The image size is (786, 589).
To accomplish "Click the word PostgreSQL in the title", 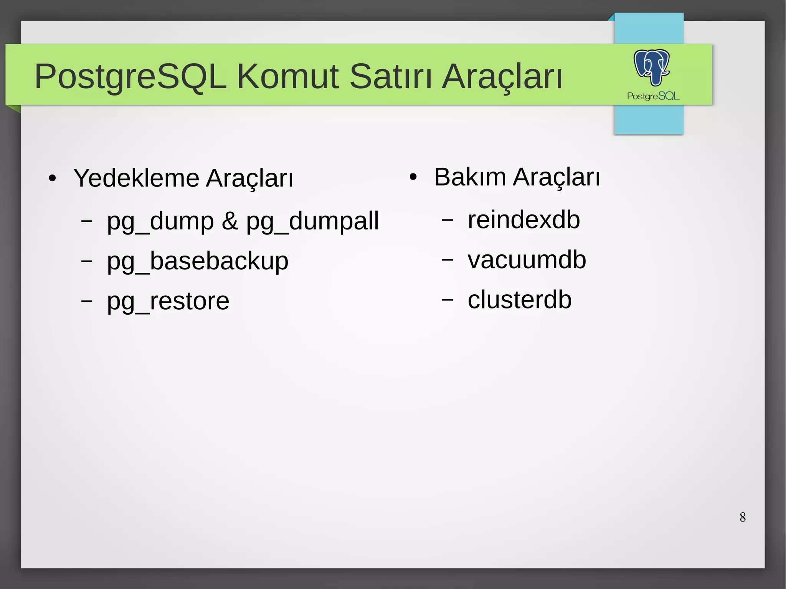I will pyautogui.click(x=130, y=77).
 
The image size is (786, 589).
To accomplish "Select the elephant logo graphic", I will pyautogui.click(x=651, y=67).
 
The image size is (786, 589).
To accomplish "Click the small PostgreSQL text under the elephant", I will pyautogui.click(x=653, y=96).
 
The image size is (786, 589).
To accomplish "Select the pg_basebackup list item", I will pyautogui.click(x=197, y=261).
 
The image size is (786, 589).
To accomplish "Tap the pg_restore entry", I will pyautogui.click(x=168, y=301).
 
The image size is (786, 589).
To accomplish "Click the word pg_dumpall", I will pyautogui.click(x=312, y=221).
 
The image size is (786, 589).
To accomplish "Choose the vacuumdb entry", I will pyautogui.click(x=527, y=260).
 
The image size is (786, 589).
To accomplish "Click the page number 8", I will pyautogui.click(x=743, y=517).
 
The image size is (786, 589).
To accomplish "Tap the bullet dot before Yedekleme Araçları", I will pyautogui.click(x=53, y=179).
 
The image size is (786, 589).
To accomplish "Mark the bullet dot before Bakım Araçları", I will pyautogui.click(x=413, y=177).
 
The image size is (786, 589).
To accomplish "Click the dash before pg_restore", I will pyautogui.click(x=87, y=300).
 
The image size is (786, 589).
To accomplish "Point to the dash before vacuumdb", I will pyautogui.click(x=447, y=260).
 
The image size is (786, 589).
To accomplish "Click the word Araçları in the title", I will pyautogui.click(x=502, y=77).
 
